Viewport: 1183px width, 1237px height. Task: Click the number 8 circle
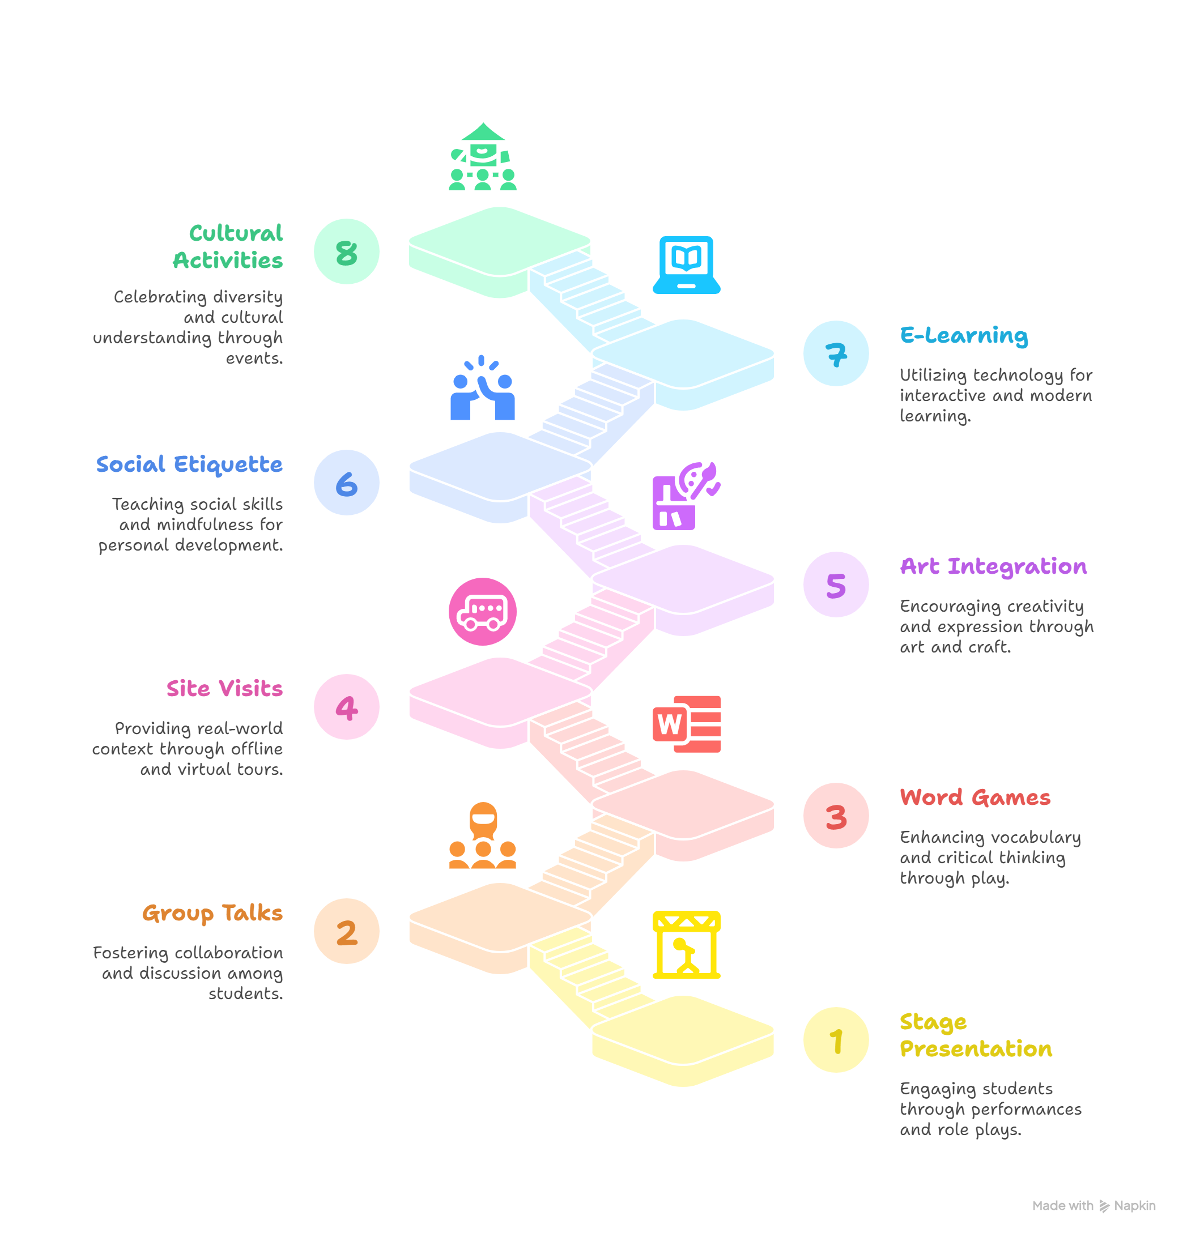click(346, 251)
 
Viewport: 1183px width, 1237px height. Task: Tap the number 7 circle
click(836, 353)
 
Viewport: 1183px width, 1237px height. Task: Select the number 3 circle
click(836, 815)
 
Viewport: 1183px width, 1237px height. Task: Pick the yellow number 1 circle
click(836, 1040)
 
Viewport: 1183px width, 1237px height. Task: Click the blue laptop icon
click(686, 265)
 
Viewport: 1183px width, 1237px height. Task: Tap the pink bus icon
click(482, 612)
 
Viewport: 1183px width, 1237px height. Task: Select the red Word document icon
click(686, 724)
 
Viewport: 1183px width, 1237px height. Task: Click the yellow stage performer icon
click(686, 944)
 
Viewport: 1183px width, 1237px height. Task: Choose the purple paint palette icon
click(686, 496)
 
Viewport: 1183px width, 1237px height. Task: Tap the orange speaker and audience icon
click(482, 835)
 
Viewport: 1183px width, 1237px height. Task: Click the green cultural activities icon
click(482, 156)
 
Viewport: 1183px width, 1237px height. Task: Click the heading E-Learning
click(964, 335)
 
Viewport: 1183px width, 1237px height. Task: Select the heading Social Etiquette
click(189, 464)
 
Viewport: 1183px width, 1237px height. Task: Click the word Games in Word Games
click(1011, 797)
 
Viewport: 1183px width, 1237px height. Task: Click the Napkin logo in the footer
click(1104, 1206)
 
